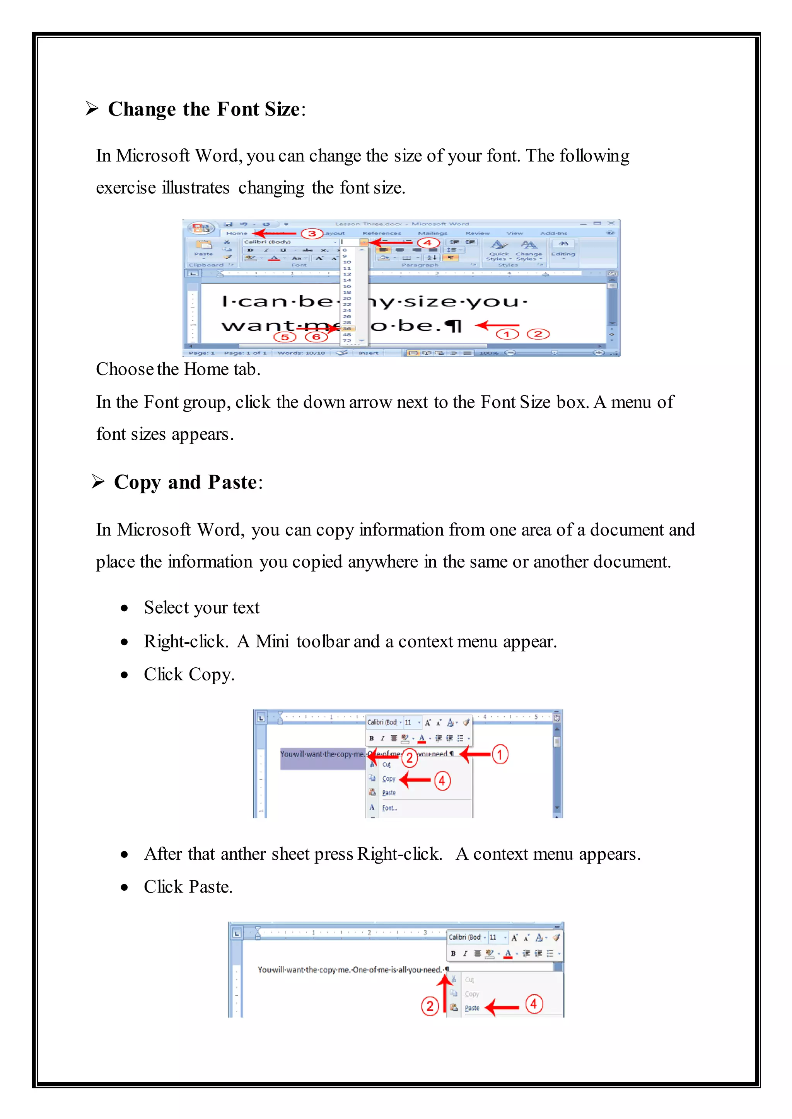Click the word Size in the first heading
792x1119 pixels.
tap(282, 109)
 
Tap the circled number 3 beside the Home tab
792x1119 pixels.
tap(312, 233)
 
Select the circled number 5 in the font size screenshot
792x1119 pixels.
tap(285, 337)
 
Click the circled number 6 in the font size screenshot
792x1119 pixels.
tap(316, 337)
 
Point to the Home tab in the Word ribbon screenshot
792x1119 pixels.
tap(237, 233)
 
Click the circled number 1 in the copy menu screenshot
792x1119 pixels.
tap(500, 755)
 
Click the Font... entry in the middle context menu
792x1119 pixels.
tap(389, 808)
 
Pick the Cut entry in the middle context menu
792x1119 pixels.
tap(386, 765)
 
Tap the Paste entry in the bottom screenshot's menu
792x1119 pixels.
tap(471, 1008)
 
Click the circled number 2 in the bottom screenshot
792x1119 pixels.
tap(430, 1007)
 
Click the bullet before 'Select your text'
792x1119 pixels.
tap(125, 608)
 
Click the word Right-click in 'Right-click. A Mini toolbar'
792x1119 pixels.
tap(185, 641)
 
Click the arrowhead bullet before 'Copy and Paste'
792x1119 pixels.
tap(98, 482)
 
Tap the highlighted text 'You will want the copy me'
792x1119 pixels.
tap(322, 755)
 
